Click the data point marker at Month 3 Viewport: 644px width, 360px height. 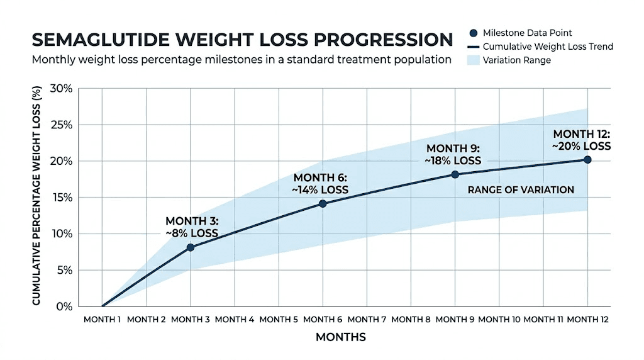tap(190, 247)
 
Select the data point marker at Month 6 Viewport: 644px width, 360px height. tap(323, 203)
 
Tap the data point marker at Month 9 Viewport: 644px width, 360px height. tap(455, 174)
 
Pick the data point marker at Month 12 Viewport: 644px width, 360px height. tap(587, 159)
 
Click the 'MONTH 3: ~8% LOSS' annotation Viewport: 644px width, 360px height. tap(192, 227)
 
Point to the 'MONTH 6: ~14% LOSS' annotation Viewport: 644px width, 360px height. tap(321, 183)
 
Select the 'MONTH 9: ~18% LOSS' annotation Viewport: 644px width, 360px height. tap(453, 154)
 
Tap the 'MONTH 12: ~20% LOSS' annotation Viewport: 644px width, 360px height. tap(582, 140)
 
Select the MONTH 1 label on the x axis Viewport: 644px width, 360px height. tap(102, 320)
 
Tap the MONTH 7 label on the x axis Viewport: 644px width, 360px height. tap(367, 320)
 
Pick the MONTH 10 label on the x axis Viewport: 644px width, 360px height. tap(499, 320)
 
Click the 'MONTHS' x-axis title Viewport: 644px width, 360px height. tap(340, 337)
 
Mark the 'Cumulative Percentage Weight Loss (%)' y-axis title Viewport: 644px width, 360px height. tap(36, 196)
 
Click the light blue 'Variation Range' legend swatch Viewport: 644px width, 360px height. tap(470, 60)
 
